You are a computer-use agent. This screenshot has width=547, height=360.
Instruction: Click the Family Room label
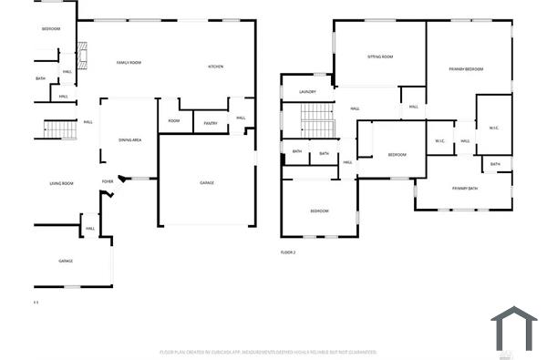pyautogui.click(x=129, y=62)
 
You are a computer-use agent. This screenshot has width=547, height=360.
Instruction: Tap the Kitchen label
pyautogui.click(x=215, y=66)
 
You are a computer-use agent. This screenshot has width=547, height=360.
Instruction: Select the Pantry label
pyautogui.click(x=210, y=123)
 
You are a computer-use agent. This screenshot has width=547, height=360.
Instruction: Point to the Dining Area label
pyautogui.click(x=129, y=139)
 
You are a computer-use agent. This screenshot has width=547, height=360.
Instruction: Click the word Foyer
pyautogui.click(x=108, y=181)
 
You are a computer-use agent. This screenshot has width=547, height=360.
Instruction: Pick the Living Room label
pyautogui.click(x=61, y=183)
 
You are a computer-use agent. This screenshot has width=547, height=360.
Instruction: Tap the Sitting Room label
pyautogui.click(x=380, y=57)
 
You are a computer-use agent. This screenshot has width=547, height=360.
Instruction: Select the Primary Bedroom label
pyautogui.click(x=466, y=69)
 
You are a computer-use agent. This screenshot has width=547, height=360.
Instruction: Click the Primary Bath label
pyautogui.click(x=464, y=188)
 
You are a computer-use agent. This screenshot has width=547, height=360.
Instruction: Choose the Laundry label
pyautogui.click(x=307, y=91)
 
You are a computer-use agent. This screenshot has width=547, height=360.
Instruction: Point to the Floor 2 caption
pyautogui.click(x=288, y=252)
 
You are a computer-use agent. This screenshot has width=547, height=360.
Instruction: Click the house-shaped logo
pyautogui.click(x=514, y=328)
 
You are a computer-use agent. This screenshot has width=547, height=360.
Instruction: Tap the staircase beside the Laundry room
pyautogui.click(x=318, y=119)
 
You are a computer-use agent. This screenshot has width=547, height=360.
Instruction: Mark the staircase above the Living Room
pyautogui.click(x=61, y=129)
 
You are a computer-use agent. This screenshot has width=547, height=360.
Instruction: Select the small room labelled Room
pyautogui.click(x=174, y=120)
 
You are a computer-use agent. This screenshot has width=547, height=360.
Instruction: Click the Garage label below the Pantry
pyautogui.click(x=207, y=183)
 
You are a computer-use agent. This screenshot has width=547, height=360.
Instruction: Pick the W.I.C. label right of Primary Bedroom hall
pyautogui.click(x=493, y=127)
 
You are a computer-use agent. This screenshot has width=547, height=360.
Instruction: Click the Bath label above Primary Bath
pyautogui.click(x=495, y=164)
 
